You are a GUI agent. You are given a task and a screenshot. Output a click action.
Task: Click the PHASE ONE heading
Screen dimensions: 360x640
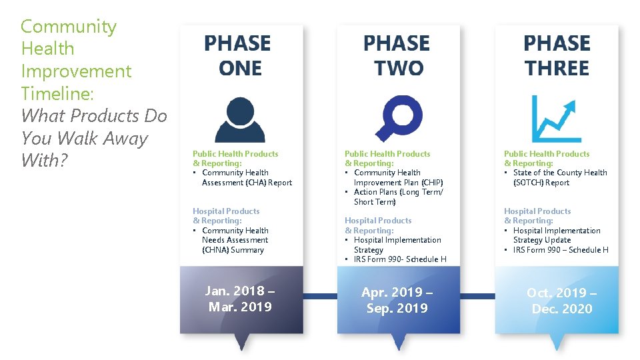click(238, 56)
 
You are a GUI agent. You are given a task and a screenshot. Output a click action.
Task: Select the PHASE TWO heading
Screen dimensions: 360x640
click(397, 56)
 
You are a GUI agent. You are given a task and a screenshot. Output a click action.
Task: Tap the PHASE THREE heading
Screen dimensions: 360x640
click(557, 56)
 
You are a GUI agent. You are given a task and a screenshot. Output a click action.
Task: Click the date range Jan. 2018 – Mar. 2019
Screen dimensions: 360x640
click(240, 299)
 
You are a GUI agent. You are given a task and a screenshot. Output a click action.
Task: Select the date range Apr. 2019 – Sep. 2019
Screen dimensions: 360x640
click(397, 300)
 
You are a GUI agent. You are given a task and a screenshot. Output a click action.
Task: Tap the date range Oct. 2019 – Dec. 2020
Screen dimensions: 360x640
click(561, 301)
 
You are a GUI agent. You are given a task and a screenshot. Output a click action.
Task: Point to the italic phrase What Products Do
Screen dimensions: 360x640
click(94, 116)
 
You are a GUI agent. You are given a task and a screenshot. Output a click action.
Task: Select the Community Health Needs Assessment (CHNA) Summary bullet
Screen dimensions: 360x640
click(235, 240)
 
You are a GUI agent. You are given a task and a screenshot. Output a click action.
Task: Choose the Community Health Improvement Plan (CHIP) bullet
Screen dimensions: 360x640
click(397, 177)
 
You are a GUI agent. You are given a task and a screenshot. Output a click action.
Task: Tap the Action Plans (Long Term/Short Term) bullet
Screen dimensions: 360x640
click(397, 197)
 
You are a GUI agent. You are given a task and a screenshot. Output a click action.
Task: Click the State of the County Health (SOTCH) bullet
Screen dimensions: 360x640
click(559, 177)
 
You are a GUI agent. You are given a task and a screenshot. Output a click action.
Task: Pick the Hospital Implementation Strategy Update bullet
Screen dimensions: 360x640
click(555, 235)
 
